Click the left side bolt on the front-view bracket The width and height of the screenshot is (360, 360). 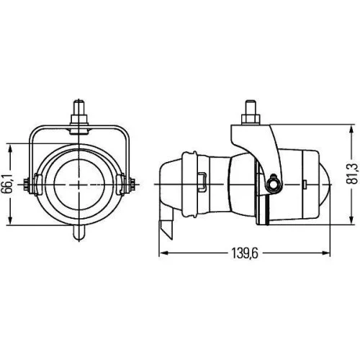[x=30, y=184]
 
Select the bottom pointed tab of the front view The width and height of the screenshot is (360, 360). [x=79, y=234]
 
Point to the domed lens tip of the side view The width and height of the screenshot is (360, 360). [x=325, y=180]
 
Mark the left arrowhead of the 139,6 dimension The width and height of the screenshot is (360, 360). [x=161, y=253]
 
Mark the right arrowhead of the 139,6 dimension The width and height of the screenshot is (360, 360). [x=328, y=253]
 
